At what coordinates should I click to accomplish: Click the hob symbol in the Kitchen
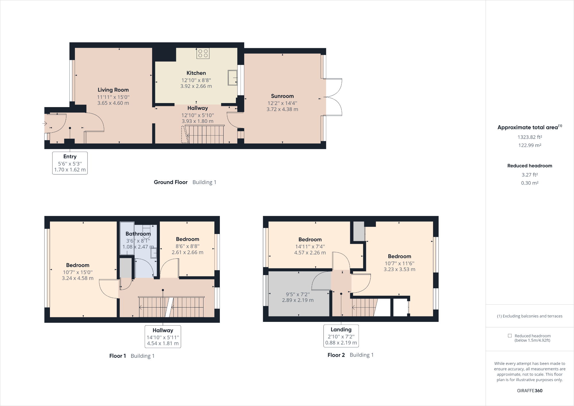tap(203, 53)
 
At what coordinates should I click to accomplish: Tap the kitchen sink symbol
tap(232, 78)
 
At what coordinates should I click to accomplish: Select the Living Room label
tap(113, 90)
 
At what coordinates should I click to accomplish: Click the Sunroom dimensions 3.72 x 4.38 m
tap(282, 109)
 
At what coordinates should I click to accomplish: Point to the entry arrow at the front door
tap(45, 123)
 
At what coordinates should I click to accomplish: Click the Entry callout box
tap(70, 163)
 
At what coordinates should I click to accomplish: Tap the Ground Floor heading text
tap(170, 182)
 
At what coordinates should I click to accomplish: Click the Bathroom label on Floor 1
tap(138, 234)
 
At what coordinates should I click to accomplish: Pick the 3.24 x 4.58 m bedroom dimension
tap(77, 278)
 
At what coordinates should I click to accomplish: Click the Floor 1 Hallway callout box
tap(163, 337)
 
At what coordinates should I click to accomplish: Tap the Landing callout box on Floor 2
tap(341, 336)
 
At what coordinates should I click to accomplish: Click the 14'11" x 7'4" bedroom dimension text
tap(310, 246)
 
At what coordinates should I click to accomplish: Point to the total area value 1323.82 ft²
tap(530, 137)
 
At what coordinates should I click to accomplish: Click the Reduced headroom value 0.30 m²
tap(530, 183)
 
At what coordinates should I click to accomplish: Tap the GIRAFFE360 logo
tap(530, 390)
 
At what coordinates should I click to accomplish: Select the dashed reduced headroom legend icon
tap(510, 336)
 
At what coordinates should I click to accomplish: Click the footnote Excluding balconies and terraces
tap(530, 316)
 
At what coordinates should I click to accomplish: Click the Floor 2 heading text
tap(336, 355)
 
